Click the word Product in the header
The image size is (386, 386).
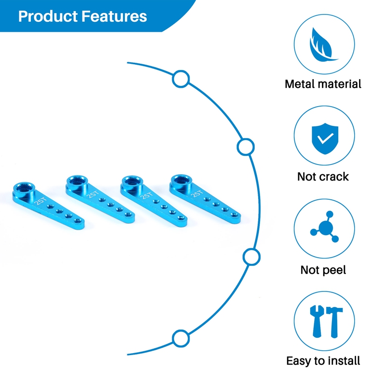tap(48, 16)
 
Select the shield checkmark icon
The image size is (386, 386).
tap(324, 137)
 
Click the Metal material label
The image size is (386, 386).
tap(323, 84)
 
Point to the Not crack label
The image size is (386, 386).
tap(323, 177)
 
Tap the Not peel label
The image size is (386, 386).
tap(323, 270)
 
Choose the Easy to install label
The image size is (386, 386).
tap(323, 360)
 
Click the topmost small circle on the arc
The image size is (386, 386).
tap(180, 78)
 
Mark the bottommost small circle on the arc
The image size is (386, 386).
tap(180, 338)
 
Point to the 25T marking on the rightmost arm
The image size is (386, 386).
tap(196, 192)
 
